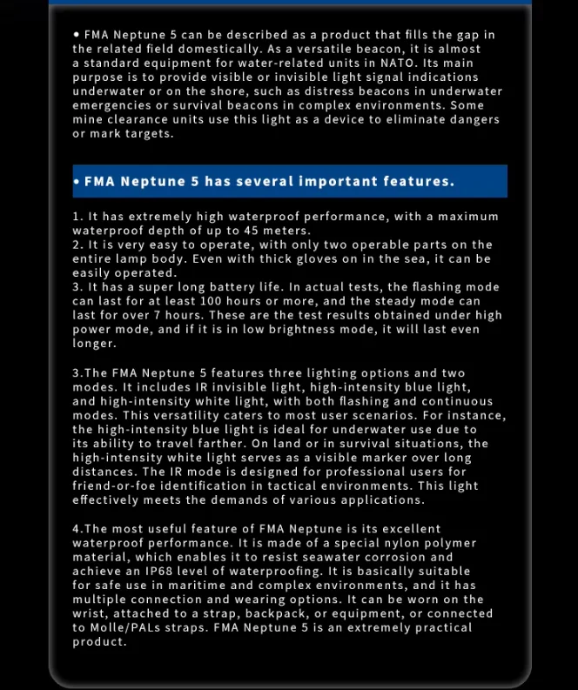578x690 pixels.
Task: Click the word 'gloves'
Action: [x=295, y=259]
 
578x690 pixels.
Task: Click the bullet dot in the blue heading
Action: [x=77, y=181]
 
